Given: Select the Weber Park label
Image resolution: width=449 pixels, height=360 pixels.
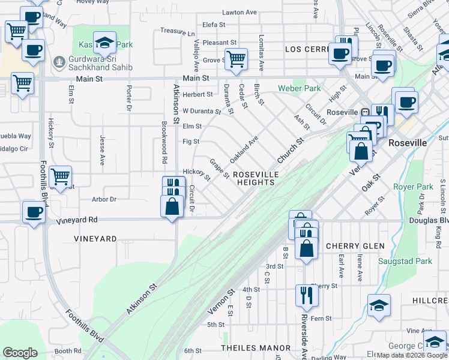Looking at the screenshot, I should coord(299,88).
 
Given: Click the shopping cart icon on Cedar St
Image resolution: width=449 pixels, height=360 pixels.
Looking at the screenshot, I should coord(237,59).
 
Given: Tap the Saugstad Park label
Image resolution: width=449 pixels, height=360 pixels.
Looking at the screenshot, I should coord(406,261).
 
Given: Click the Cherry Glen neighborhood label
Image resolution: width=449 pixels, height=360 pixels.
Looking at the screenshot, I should coord(355,246).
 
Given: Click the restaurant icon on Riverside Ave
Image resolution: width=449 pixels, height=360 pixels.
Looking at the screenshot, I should coord(306,295).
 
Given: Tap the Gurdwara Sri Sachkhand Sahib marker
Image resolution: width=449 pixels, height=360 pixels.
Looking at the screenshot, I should coord(59,62).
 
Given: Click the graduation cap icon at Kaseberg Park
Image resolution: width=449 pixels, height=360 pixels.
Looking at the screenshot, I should coord(104,42).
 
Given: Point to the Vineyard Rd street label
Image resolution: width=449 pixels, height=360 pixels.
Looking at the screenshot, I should coord(77,220).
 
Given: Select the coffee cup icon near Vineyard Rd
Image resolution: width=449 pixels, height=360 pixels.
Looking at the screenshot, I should coord(34,211).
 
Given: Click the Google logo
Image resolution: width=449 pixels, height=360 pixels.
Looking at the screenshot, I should coord(20,353).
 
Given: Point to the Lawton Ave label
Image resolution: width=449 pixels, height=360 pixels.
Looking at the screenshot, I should coord(239,12).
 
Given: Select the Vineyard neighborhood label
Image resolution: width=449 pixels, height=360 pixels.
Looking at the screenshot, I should coord(95,239).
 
